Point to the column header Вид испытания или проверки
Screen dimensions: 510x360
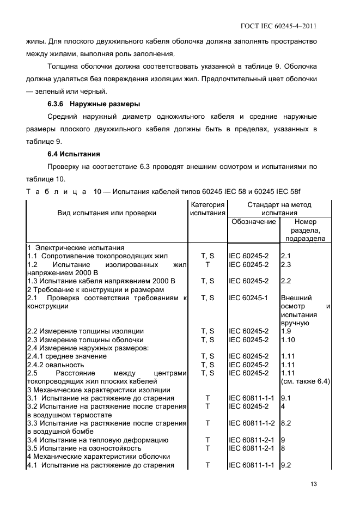pyautogui.click(x=107, y=213)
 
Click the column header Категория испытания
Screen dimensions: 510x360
pyautogui.click(x=208, y=209)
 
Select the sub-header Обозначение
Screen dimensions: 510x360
pyautogui.click(x=254, y=222)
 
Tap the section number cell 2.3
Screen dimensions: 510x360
pyautogui.click(x=286, y=264)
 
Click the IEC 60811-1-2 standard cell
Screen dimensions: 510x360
pyautogui.click(x=253, y=423)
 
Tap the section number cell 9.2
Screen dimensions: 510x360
pyautogui.click(x=286, y=465)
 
